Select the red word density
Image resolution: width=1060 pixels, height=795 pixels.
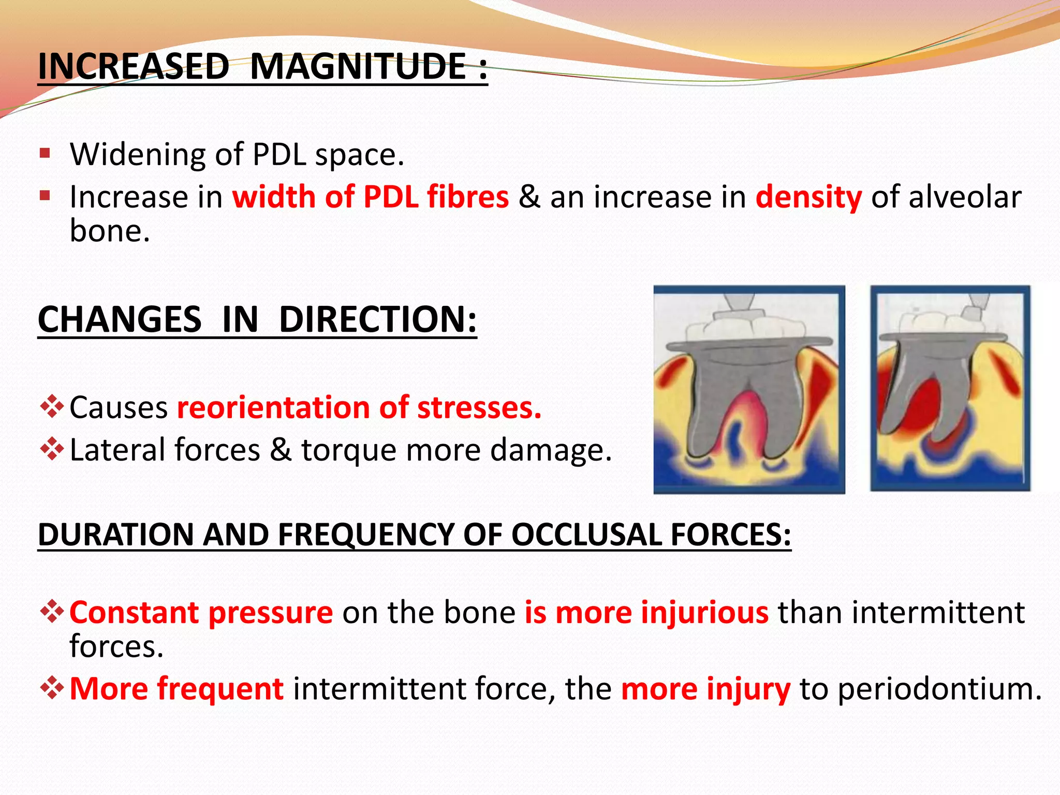[808, 197]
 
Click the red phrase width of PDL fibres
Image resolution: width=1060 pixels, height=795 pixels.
[371, 197]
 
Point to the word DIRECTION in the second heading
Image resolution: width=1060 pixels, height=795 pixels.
[377, 319]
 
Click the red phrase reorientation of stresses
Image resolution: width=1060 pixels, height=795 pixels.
[359, 407]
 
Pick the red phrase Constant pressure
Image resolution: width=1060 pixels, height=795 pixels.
[201, 613]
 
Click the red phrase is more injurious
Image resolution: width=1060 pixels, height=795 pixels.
[646, 613]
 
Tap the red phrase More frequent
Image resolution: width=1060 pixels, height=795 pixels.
[176, 689]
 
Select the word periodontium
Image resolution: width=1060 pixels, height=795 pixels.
[939, 689]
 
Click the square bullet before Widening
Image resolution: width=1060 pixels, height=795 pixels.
[45, 153]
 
